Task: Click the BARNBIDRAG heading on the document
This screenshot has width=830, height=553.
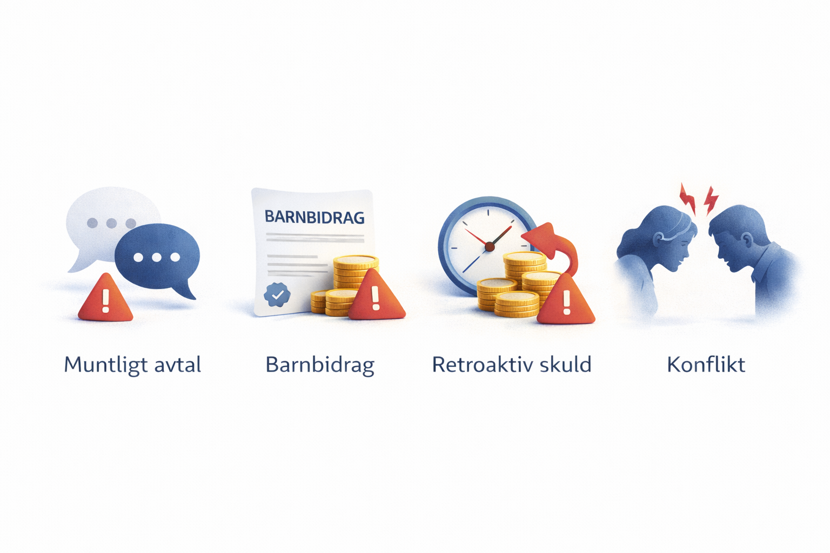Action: point(314,217)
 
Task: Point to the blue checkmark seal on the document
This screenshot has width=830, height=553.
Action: point(277,295)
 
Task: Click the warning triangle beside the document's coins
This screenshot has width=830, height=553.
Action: point(376,296)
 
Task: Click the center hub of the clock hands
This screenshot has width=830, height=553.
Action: point(490,247)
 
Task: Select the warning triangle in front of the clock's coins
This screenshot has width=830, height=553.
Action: point(566,301)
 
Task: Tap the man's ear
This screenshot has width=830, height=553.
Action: point(747,240)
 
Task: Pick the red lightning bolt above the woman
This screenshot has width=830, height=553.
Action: point(688,199)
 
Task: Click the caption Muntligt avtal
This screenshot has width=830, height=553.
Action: point(132,365)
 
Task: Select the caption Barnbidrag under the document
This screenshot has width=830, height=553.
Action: point(320,365)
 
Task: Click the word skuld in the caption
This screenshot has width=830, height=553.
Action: point(565,365)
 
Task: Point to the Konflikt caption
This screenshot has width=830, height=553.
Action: point(706,365)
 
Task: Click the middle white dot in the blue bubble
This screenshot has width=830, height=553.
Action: point(157,257)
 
